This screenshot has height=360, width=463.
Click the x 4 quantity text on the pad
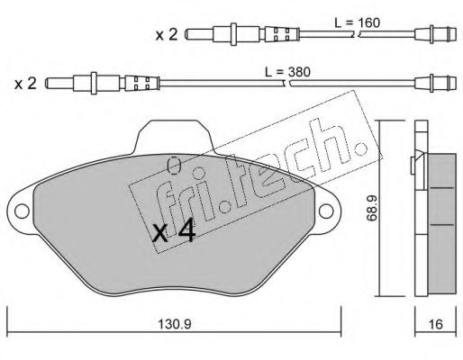tap(174, 233)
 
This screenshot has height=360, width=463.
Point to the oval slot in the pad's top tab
tap(175, 164)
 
